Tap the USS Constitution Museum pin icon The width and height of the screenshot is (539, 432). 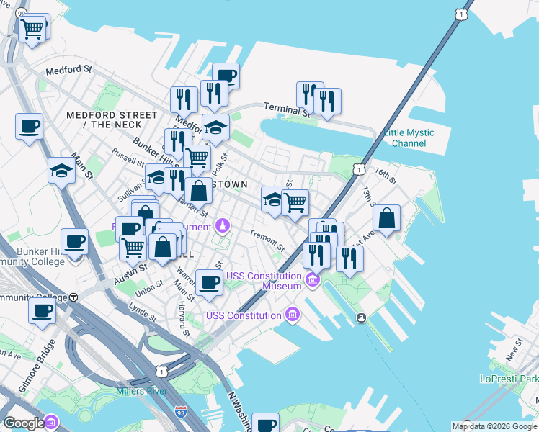[x=312, y=279]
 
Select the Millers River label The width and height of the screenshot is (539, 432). [x=141, y=391]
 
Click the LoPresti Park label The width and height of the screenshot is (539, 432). [x=509, y=379]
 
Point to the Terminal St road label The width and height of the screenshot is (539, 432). [x=286, y=109]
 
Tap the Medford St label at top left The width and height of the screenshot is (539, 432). [x=68, y=71]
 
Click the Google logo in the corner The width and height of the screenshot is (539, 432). [x=24, y=423]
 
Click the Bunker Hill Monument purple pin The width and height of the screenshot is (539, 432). [x=223, y=226]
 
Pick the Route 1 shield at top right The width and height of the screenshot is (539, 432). [x=461, y=13]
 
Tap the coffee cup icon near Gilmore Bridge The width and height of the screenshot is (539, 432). [x=42, y=311]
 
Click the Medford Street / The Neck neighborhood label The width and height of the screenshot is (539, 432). [x=111, y=120]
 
